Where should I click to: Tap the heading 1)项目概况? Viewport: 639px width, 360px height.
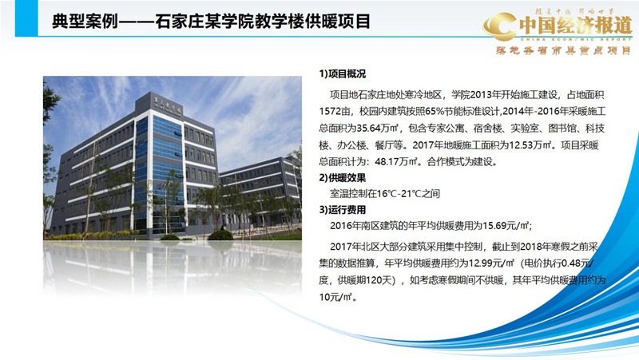[x=343, y=74]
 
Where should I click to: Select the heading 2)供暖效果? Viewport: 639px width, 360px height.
[x=343, y=177]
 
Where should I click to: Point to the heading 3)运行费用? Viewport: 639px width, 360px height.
[x=343, y=209]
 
